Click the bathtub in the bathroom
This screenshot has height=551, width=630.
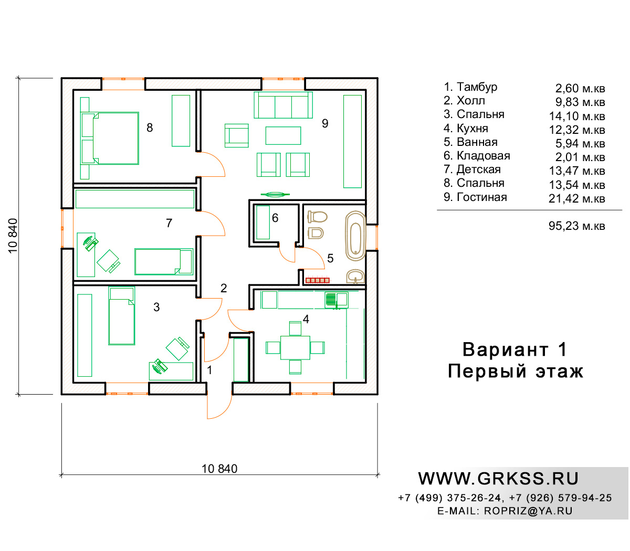pos(355,236)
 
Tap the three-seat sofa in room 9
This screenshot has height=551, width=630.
pos(283,105)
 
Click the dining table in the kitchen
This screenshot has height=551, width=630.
pos(295,347)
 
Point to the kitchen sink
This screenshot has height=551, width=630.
pos(336,300)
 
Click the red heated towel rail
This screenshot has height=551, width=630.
pos(317,280)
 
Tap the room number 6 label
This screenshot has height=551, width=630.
pos(275,218)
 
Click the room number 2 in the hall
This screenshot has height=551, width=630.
pos(224,288)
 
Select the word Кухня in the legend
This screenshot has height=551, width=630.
pos(472,128)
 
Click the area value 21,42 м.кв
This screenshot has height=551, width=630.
pos(577,198)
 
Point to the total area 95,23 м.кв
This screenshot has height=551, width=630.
pos(577,226)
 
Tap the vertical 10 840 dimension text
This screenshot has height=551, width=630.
pos(13,236)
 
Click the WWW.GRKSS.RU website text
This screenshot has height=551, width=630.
pos(498,479)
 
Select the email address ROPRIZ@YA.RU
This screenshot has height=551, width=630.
pos(528,511)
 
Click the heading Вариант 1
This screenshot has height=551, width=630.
pos(515,349)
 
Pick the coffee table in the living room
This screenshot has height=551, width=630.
pos(283,135)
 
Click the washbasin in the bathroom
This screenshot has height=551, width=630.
pos(355,276)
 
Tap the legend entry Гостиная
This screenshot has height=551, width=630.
pos(481,197)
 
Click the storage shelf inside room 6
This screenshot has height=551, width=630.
pos(263,222)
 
